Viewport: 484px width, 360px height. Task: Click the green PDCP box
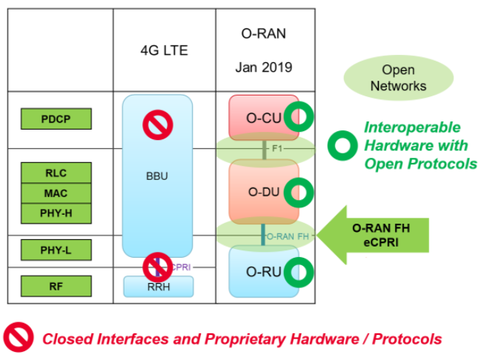pos(56,119)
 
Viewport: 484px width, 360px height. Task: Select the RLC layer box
pos(56,173)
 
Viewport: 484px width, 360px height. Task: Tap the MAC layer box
pos(56,193)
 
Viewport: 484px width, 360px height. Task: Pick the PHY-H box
pos(56,213)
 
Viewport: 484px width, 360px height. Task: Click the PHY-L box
pos(56,250)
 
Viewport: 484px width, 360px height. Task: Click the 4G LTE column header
pos(164,51)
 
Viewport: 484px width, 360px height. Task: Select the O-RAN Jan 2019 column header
pos(264,50)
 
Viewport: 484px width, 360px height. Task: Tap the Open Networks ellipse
pos(399,78)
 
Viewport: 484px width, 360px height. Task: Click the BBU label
pos(156,178)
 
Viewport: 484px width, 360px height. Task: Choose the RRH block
pos(158,286)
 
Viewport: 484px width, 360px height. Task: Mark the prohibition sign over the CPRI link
pos(157,265)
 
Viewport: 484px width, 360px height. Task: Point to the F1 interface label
pos(276,149)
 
